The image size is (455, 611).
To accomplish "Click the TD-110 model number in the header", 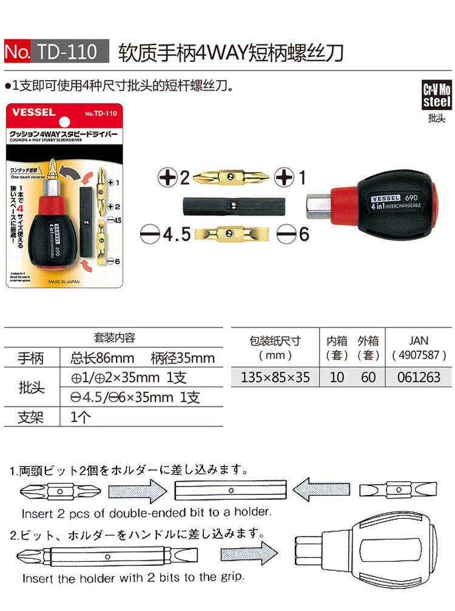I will (72, 52).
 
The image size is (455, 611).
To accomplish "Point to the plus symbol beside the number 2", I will (166, 178).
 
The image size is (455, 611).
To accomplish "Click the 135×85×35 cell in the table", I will (275, 377).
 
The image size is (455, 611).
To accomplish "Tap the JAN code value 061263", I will (419, 377).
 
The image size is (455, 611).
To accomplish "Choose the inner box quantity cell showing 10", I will (337, 377).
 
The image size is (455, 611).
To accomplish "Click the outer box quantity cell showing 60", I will (368, 377).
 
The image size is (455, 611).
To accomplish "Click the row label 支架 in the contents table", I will (30, 418).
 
